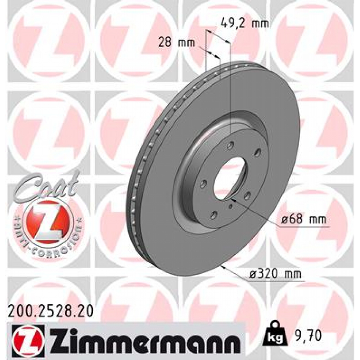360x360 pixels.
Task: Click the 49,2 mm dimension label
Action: point(245,24)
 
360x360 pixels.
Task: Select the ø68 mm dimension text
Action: point(304,220)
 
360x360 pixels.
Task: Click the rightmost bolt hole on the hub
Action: point(258,152)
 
